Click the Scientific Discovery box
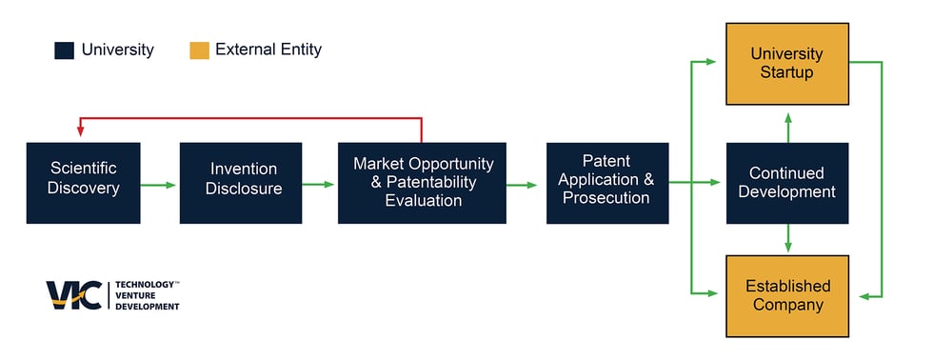pos(84,183)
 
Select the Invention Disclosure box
pos(241,183)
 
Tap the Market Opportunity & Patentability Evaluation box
pos(422,183)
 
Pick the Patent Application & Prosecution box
pos(607,183)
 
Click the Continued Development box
pos(787,183)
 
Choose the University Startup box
pos(787,64)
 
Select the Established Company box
pos(787,296)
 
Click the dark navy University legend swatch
pos(65,50)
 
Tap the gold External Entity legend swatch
pos(199,50)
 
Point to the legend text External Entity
pos(268,50)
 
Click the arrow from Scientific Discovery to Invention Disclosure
pos(158,185)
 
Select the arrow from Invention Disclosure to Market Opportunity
pos(318,185)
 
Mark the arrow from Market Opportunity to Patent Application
pos(522,185)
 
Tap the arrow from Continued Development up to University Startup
pos(788,128)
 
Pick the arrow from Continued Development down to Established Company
pos(788,238)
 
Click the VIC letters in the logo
pos(74,295)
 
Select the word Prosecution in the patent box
pos(606,198)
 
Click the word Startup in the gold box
pos(787,73)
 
